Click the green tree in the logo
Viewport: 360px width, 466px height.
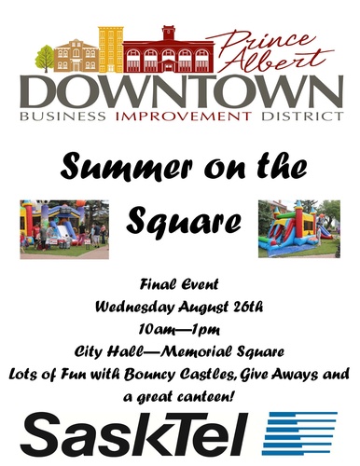pos(45,59)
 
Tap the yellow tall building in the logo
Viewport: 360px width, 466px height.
pos(111,49)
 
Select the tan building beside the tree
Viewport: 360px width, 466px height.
pos(76,56)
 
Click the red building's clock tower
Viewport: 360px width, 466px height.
pos(169,33)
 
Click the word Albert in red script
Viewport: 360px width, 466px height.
pos(277,60)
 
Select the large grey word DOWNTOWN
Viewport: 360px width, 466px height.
pos(182,91)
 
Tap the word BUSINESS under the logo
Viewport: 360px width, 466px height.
pos(62,116)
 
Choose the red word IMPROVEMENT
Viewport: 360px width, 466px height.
pos(184,116)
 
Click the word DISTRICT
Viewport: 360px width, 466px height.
pos(302,116)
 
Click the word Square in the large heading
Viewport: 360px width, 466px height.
pos(184,221)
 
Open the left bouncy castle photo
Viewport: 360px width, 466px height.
pos(64,229)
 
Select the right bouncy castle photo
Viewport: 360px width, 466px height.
pos(299,228)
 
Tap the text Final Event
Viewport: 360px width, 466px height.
pos(179,284)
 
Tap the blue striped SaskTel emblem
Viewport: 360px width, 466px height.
pos(299,433)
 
